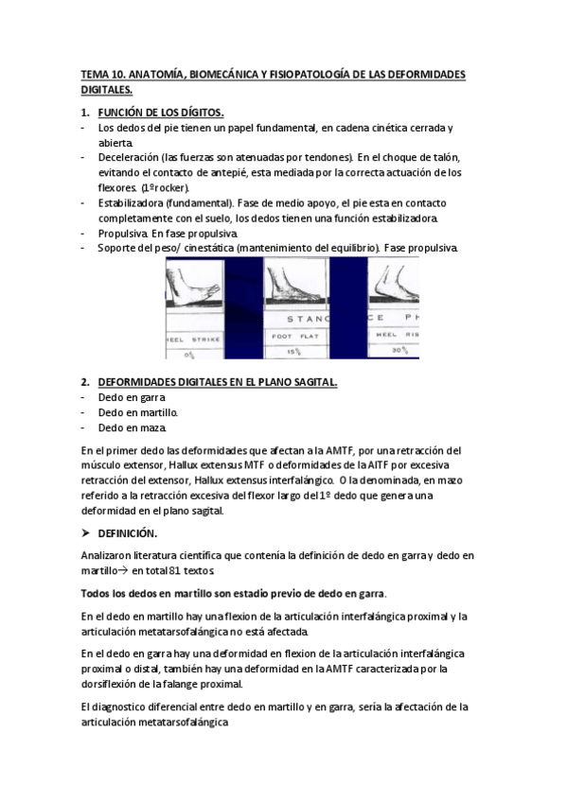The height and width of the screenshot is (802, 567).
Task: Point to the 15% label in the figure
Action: click(x=293, y=351)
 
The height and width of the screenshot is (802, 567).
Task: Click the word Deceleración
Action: click(x=128, y=157)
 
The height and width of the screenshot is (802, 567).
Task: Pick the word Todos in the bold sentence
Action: click(x=97, y=593)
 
